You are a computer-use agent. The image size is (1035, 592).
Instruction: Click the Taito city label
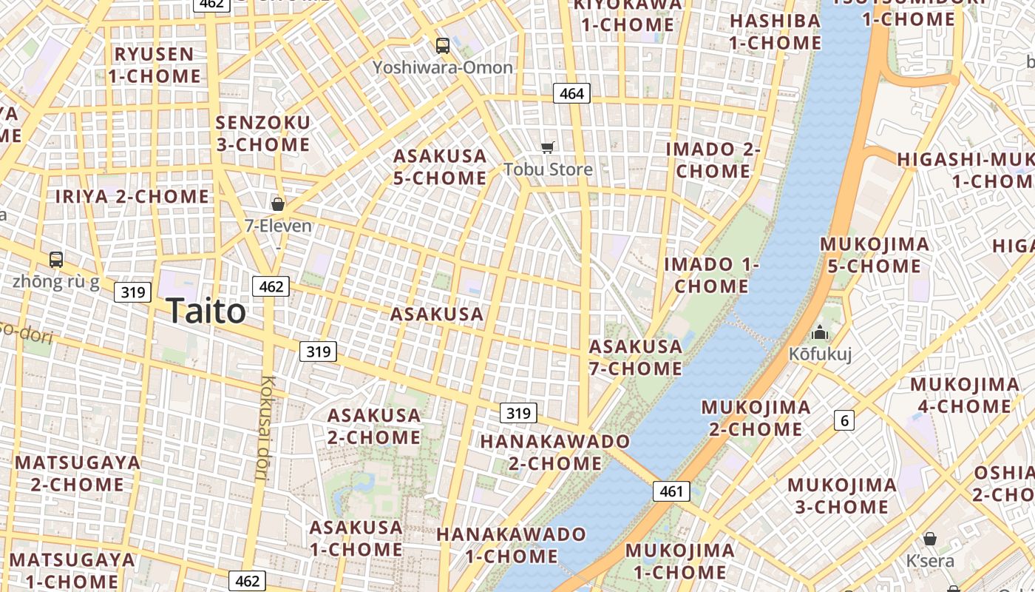206,311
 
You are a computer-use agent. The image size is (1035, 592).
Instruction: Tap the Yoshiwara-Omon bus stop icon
442,46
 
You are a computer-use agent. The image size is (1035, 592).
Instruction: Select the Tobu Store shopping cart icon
548,147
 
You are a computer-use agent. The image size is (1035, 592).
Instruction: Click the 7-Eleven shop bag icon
278,204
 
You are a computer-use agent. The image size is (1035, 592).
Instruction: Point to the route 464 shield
571,93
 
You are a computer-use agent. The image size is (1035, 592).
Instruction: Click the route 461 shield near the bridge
671,491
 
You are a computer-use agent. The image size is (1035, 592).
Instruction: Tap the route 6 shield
844,421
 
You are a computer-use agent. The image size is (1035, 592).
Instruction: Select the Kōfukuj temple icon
820,333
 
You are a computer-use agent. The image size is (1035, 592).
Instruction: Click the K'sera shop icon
929,539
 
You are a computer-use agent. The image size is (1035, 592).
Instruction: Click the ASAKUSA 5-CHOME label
440,167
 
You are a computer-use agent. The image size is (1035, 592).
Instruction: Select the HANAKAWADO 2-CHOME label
554,452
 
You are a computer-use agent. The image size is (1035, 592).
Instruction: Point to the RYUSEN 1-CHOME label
155,65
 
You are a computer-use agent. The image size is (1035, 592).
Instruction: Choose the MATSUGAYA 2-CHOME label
78,474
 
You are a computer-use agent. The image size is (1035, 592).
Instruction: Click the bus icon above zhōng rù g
56,260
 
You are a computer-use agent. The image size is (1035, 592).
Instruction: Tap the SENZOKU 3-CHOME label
263,133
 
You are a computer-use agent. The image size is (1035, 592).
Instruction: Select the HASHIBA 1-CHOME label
775,32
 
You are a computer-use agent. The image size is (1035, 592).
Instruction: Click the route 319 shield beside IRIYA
133,292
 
